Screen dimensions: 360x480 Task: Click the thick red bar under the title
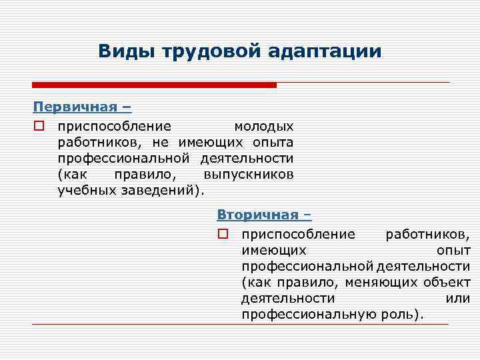click(154, 85)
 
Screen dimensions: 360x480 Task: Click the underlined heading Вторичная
click(260, 215)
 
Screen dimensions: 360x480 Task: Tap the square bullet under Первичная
click(39, 126)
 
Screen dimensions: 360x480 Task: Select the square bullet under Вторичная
click(223, 234)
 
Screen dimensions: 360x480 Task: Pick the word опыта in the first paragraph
click(273, 142)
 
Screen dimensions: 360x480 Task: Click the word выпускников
click(248, 174)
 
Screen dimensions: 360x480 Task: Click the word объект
click(447, 282)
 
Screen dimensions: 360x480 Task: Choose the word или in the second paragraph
click(457, 298)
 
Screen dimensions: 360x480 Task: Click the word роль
click(398, 314)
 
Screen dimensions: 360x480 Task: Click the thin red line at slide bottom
click(240, 325)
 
